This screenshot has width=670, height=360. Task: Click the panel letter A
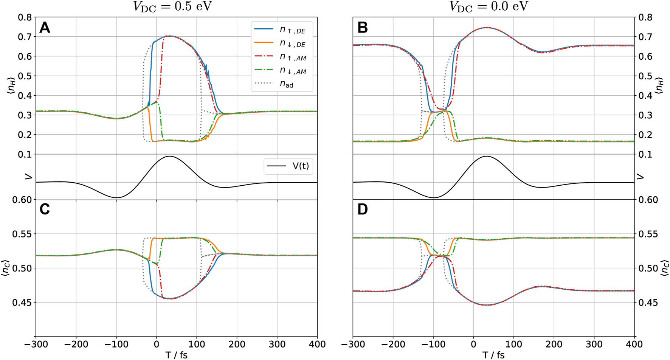tap(45, 28)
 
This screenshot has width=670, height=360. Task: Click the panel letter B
tap(362, 28)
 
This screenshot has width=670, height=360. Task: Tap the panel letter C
tap(45, 209)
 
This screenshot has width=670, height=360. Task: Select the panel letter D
tap(362, 209)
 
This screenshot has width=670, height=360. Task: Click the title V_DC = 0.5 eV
tap(172, 7)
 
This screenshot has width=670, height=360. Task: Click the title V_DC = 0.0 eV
tap(489, 7)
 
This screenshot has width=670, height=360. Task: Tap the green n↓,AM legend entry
tap(282, 71)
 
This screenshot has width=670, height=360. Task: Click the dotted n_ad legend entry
tap(282, 84)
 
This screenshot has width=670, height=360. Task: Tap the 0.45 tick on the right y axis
tap(648, 303)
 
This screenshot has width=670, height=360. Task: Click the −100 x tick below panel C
tap(116, 344)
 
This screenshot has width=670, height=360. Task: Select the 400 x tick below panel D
tap(634, 344)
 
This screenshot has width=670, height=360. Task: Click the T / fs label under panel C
tap(176, 355)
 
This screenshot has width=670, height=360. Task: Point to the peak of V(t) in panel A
tap(169, 156)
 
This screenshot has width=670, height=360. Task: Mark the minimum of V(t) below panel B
tap(433, 197)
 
